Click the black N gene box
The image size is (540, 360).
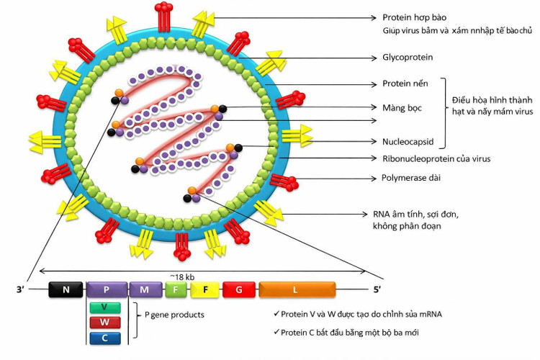66,289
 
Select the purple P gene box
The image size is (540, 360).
107,289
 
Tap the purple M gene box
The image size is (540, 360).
145,289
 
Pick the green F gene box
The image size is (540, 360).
176,289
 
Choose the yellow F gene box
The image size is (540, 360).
205,289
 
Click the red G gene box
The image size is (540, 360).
238,289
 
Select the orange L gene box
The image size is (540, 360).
297,289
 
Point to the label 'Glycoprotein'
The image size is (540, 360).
407,57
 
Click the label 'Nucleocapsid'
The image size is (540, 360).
408,142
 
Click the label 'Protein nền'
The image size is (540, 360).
405,84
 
